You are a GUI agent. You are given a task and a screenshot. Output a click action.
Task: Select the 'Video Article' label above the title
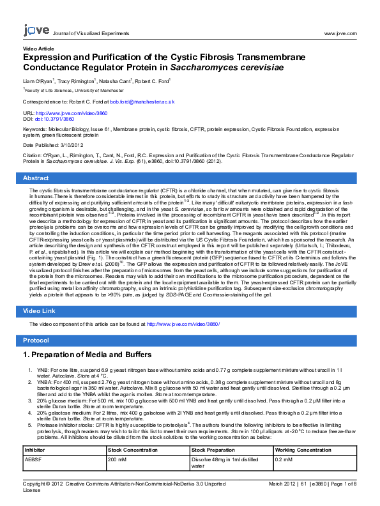pos(38,49)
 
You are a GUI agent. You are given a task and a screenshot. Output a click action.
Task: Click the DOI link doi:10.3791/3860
pos(54,119)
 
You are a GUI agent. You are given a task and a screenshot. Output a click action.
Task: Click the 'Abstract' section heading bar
pos(190,178)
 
